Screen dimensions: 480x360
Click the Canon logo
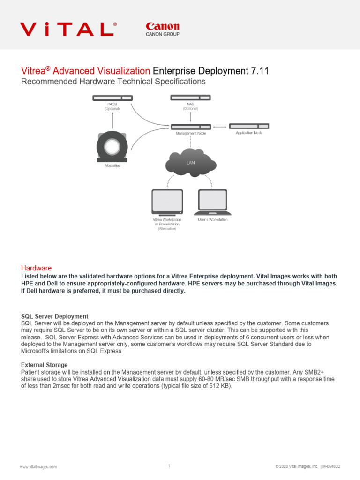(162, 29)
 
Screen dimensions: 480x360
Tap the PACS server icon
(112, 98)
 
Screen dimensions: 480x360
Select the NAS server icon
(190, 97)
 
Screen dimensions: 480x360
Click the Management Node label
(191, 133)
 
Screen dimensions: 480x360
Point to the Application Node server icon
(249, 126)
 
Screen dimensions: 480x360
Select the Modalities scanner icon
(112, 145)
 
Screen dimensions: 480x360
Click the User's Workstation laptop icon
(213, 201)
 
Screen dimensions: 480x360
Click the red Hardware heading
(36, 268)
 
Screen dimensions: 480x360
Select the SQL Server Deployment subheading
(55, 316)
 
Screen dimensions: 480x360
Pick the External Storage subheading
(45, 365)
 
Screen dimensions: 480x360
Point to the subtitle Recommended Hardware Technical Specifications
(113, 82)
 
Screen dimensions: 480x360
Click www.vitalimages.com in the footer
(38, 467)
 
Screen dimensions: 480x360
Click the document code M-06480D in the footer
(331, 467)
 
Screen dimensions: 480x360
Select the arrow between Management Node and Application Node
(220, 127)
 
